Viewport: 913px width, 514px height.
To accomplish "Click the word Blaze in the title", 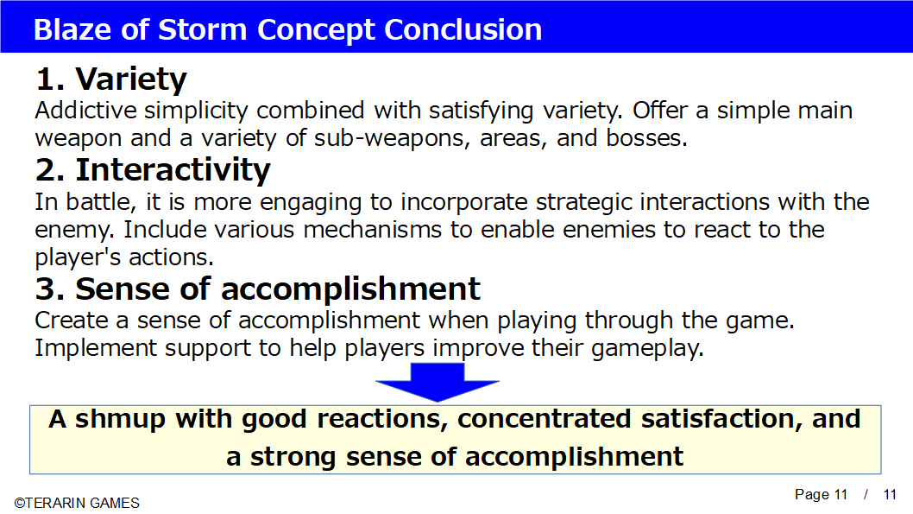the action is tap(72, 29).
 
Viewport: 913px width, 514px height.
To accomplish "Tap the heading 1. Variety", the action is tap(111, 79).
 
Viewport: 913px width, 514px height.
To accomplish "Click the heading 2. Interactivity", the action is tap(153, 170).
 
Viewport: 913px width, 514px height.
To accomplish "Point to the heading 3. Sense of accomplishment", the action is tap(258, 289).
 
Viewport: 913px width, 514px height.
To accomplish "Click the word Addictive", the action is tap(85, 111).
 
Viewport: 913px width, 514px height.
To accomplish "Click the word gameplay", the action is tap(647, 348).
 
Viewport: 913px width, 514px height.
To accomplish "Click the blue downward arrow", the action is tap(438, 381).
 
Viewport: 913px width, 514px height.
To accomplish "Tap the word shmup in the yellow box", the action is tap(121, 420).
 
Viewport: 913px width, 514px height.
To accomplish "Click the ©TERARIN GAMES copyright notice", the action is tap(77, 503).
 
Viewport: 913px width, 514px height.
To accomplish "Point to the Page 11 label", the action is tap(821, 495).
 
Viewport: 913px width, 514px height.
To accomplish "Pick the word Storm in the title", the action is tap(203, 29).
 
